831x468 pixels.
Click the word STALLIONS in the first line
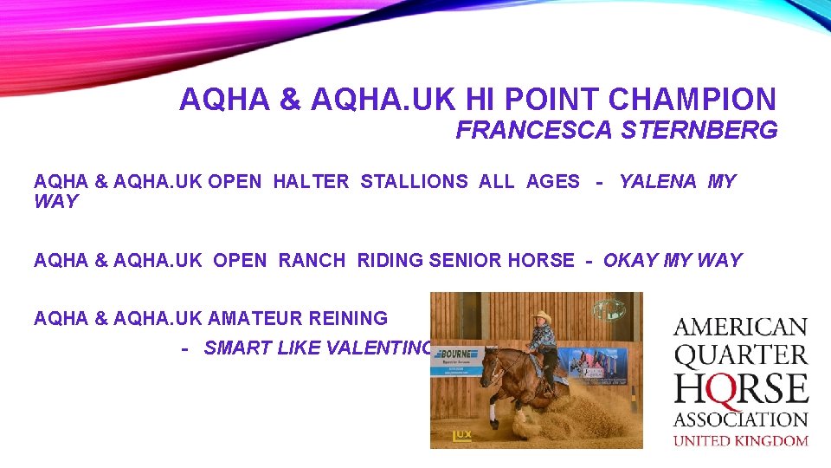[x=414, y=182]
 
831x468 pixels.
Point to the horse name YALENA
[x=657, y=182]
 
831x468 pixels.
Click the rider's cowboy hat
[x=543, y=317]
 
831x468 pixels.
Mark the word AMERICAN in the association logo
[x=740, y=328]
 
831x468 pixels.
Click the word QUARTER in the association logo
[x=740, y=355]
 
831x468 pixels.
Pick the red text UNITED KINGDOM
[x=740, y=440]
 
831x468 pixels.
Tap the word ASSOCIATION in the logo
[x=740, y=419]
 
